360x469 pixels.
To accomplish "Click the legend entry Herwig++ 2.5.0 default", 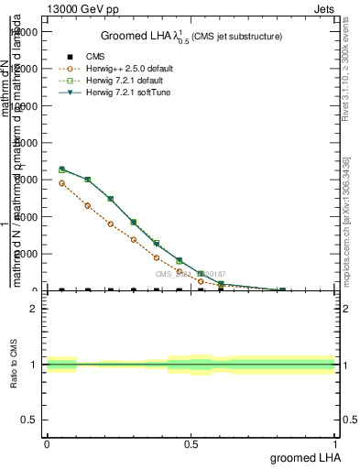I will pos(115,69).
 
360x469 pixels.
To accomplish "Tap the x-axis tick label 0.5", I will pos(191,443).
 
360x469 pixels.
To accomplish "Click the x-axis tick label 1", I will pos(335,443).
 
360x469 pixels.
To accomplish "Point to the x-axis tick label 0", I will pos(47,443).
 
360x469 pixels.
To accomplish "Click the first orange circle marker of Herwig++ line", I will pos(61,183).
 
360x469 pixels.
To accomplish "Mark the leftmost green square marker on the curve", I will pos(61,169).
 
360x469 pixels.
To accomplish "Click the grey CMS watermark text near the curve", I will pos(190,274).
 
